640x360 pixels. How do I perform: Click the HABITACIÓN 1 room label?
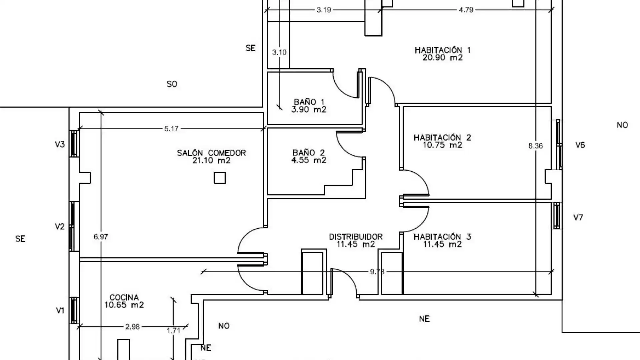click(x=442, y=50)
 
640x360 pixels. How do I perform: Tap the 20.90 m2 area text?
click(x=442, y=58)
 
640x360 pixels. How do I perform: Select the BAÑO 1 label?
click(x=309, y=102)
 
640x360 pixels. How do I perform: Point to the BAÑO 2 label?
click(x=309, y=153)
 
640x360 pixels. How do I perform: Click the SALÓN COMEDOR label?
click(x=211, y=153)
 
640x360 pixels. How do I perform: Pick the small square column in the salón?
click(x=220, y=178)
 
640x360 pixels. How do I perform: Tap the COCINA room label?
click(x=124, y=297)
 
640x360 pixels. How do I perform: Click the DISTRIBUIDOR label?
click(x=356, y=237)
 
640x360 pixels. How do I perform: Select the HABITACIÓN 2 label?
click(x=442, y=138)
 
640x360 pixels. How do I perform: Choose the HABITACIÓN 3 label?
click(x=442, y=237)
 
